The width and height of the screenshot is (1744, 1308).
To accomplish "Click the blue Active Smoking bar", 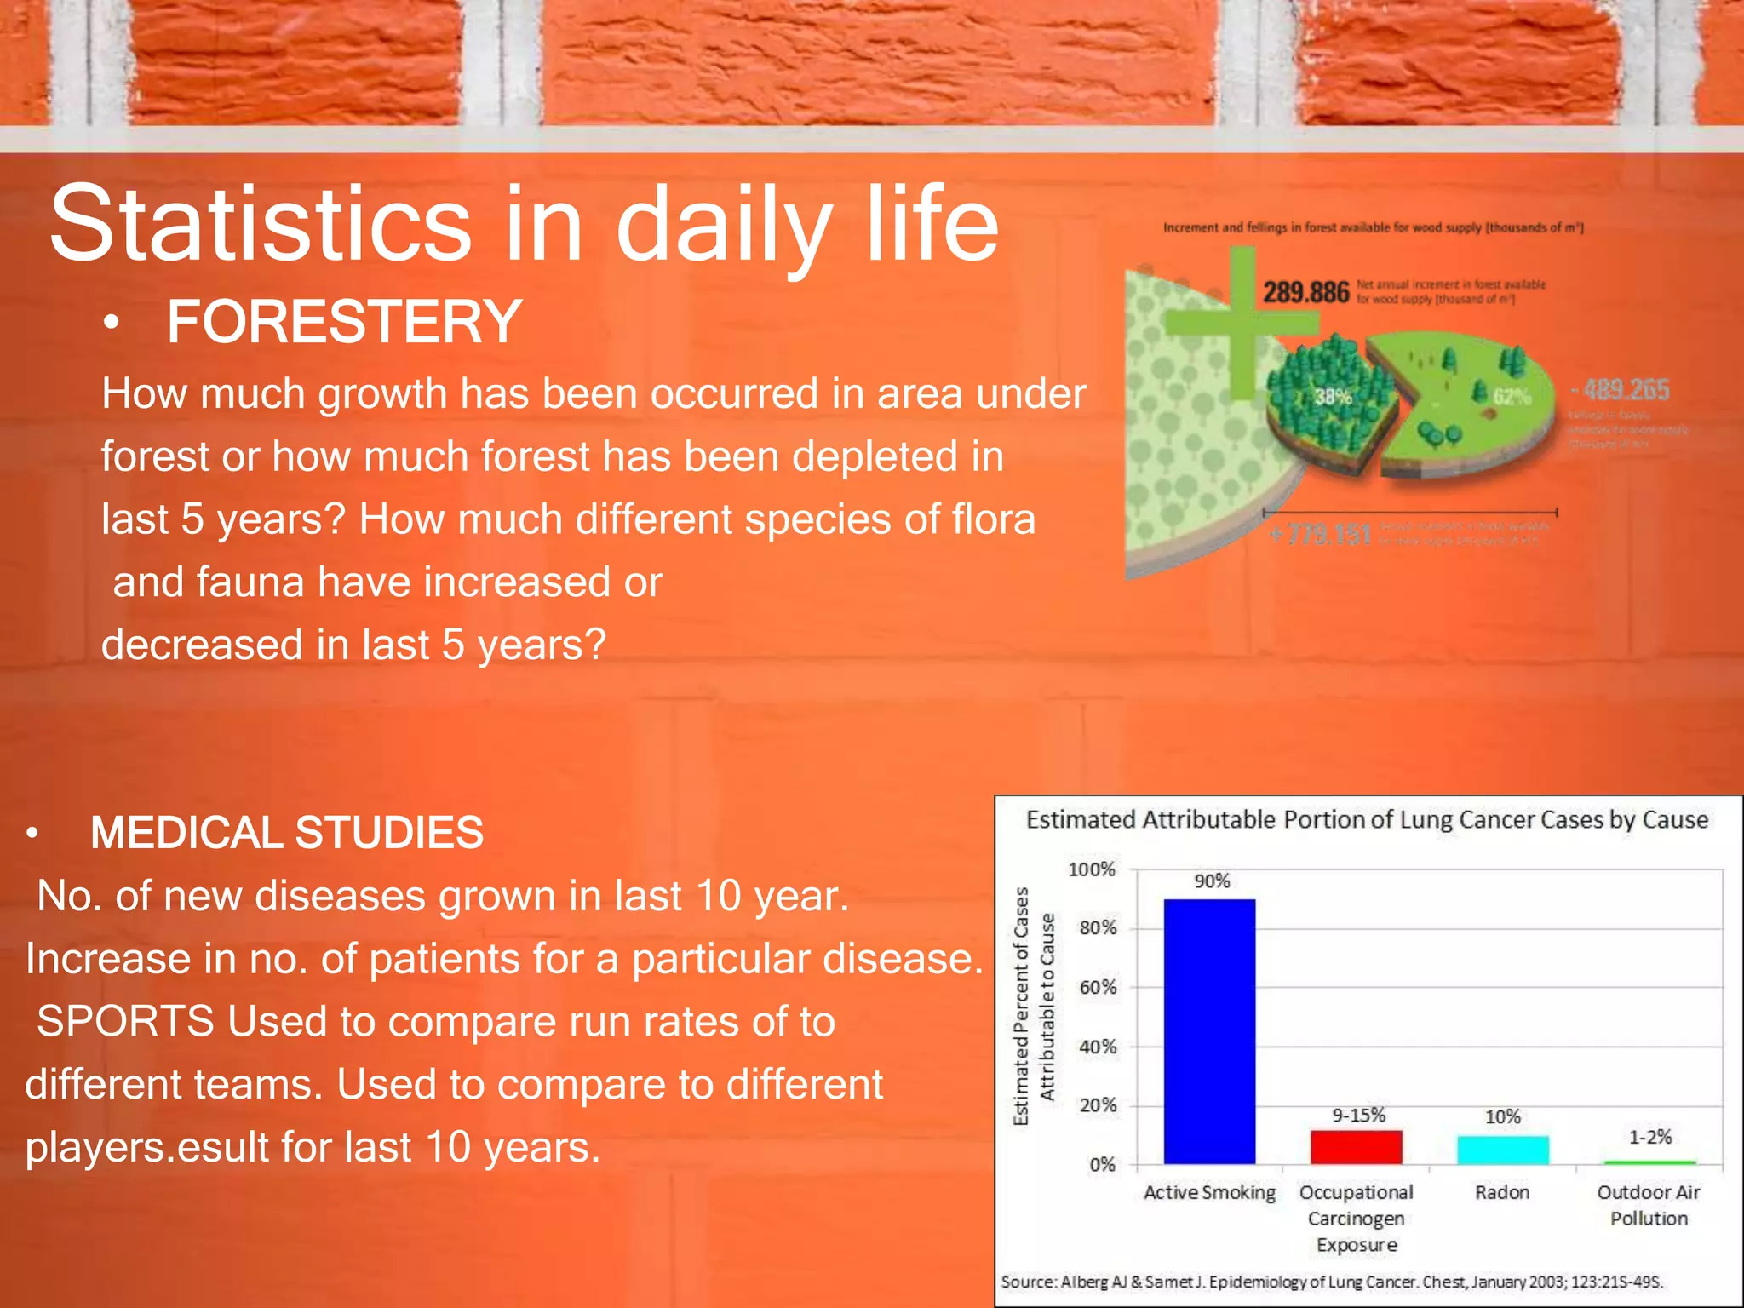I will coord(1209,1030).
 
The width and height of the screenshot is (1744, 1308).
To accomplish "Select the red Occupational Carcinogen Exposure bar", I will coord(1356,1146).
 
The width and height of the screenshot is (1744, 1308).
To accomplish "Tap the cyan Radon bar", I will coord(1502,1150).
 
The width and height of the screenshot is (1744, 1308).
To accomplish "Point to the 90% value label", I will coord(1212,881).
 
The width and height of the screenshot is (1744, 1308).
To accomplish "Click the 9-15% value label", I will coord(1358,1115).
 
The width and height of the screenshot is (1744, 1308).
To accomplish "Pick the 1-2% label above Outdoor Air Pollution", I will coord(1649,1137).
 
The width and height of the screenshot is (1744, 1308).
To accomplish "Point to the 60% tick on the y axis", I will coord(1098,987).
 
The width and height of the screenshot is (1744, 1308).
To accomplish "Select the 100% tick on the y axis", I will coord(1092,869).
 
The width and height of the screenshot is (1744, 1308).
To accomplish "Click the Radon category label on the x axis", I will coord(1502,1192).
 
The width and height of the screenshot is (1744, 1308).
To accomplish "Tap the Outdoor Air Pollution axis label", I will coord(1649,1205).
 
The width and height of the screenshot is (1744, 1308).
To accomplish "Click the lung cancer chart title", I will coord(1367,820).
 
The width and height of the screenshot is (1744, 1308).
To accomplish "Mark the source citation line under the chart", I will coord(1331,1282).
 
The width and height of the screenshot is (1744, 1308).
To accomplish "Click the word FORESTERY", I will coord(344,322).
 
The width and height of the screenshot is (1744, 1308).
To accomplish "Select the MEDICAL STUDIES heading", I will coord(287,832).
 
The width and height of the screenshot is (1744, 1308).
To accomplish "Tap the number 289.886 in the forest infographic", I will coord(1305,292).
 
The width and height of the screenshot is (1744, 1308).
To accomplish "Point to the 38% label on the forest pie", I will coord(1333,397).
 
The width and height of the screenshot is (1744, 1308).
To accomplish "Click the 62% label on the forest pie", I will coord(1512,397).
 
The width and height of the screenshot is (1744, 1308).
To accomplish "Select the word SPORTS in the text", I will coord(125,1021).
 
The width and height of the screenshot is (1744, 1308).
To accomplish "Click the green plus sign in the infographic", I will coord(1242,322).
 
